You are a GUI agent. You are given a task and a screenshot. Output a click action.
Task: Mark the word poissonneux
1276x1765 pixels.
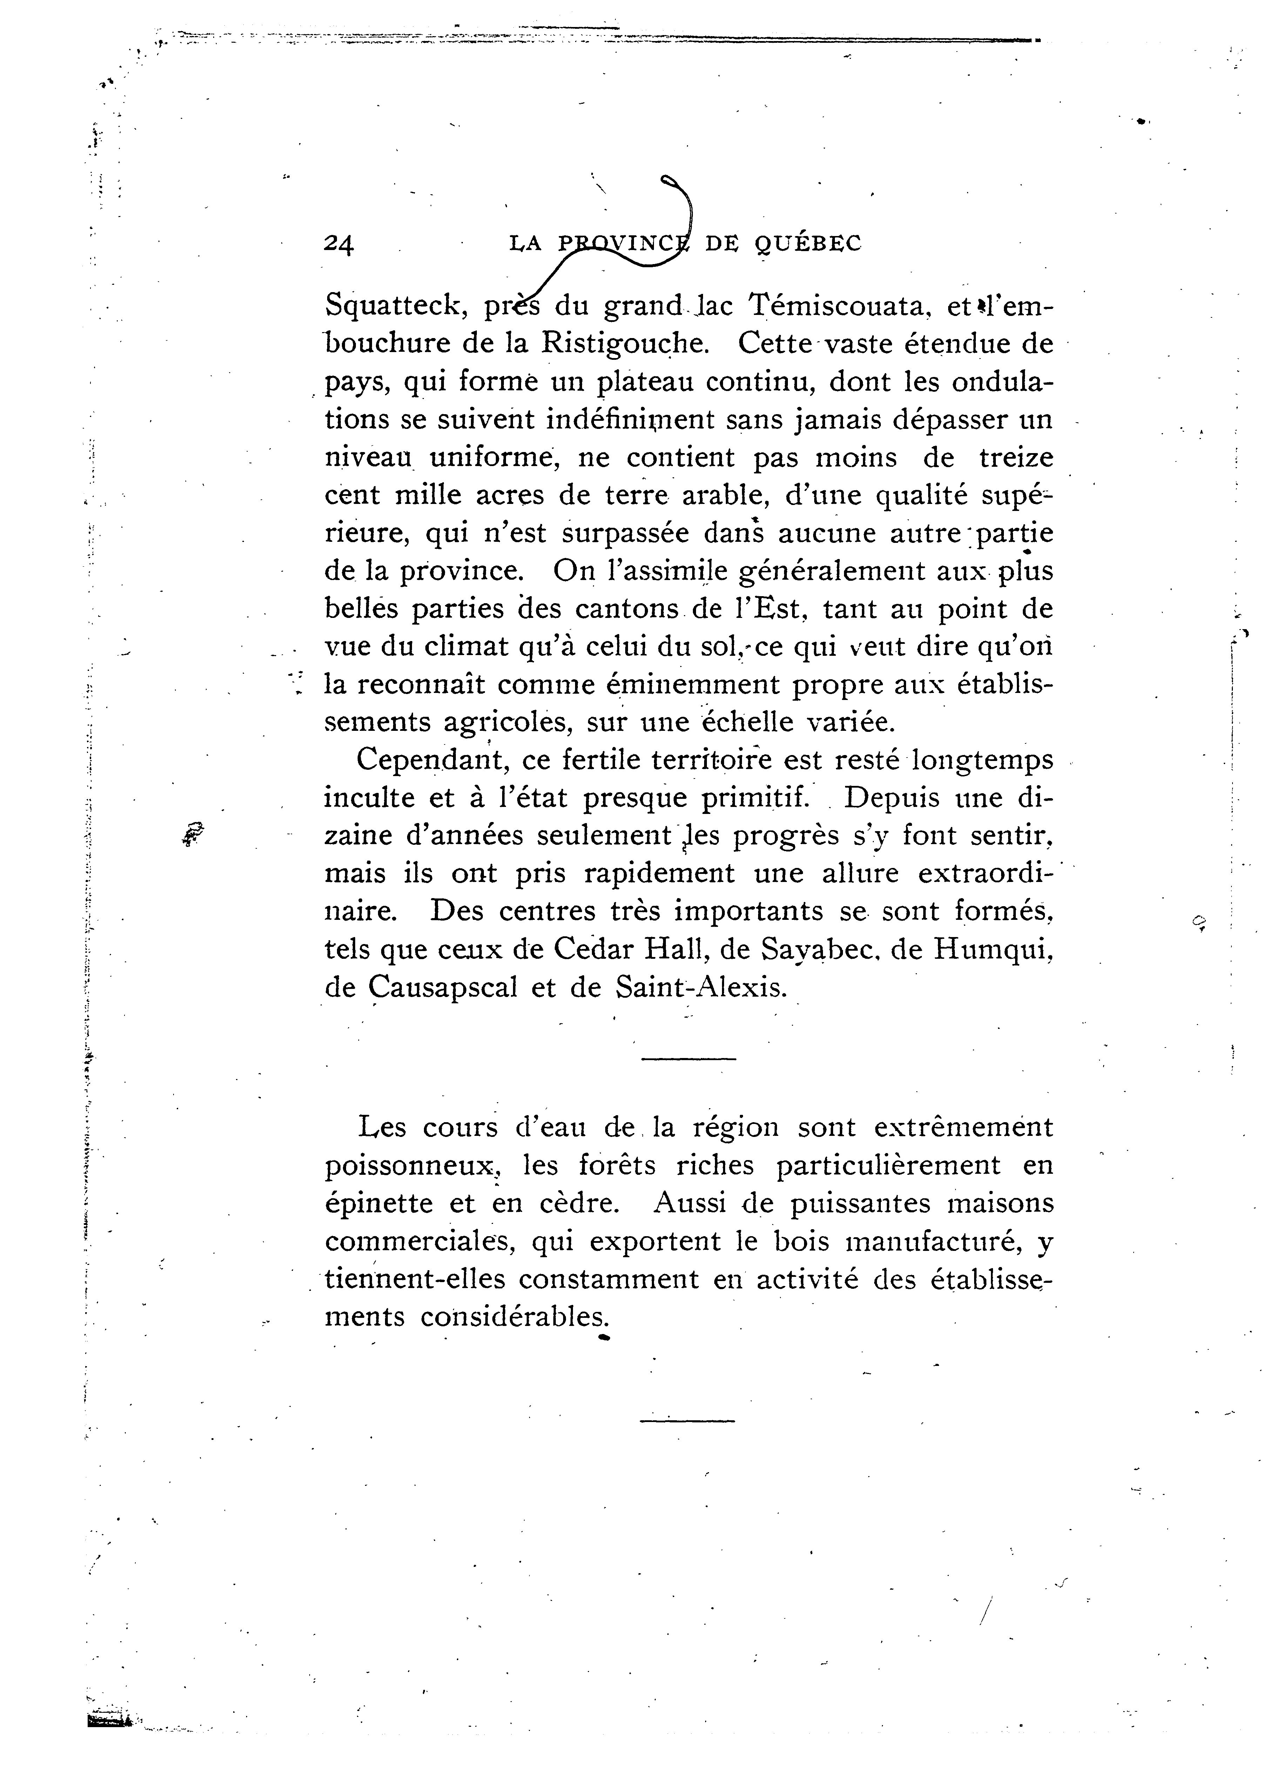(412, 1166)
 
